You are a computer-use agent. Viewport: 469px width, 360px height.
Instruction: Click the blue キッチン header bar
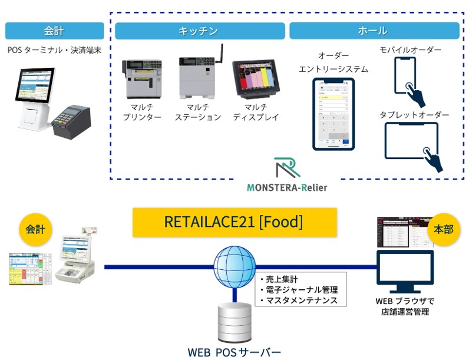(x=199, y=31)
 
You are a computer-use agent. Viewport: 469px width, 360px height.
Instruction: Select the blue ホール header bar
(x=374, y=31)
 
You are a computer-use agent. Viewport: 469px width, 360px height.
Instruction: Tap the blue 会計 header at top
(x=54, y=31)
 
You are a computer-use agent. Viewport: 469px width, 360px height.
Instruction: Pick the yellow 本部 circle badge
(x=442, y=229)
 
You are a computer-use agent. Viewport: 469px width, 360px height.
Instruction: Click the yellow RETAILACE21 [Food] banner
(x=234, y=222)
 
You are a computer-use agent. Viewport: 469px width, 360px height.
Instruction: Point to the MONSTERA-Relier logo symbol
(x=286, y=169)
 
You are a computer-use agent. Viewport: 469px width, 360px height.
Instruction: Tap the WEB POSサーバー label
(x=234, y=352)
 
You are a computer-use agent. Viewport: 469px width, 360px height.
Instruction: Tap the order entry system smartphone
(x=334, y=113)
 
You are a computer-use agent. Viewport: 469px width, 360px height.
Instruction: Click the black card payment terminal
(x=71, y=121)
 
